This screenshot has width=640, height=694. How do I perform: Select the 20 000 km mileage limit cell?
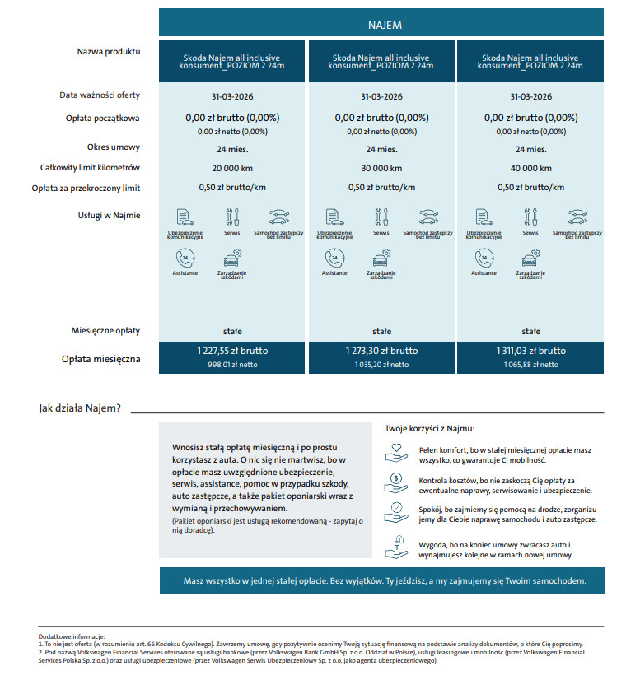[x=232, y=168]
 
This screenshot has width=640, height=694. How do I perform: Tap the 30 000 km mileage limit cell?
[x=381, y=168]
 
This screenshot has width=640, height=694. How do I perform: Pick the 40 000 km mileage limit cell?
[x=530, y=168]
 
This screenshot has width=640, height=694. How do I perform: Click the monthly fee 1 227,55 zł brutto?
[x=232, y=351]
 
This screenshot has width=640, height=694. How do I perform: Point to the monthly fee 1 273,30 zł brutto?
[x=381, y=351]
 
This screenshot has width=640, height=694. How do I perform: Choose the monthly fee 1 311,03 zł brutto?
[x=530, y=351]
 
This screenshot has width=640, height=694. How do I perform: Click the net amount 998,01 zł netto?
[x=232, y=364]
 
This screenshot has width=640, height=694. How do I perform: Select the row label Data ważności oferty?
[x=100, y=95]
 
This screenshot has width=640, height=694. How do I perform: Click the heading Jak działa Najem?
[x=81, y=408]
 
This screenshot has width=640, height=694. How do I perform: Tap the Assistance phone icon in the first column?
[x=185, y=259]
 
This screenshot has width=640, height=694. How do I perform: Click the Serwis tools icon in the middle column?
[x=381, y=217]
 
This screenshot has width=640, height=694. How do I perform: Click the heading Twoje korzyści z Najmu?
[x=430, y=429]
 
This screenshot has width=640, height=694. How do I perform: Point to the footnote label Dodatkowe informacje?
[x=72, y=636]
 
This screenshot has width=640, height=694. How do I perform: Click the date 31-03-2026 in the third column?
[x=530, y=96]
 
